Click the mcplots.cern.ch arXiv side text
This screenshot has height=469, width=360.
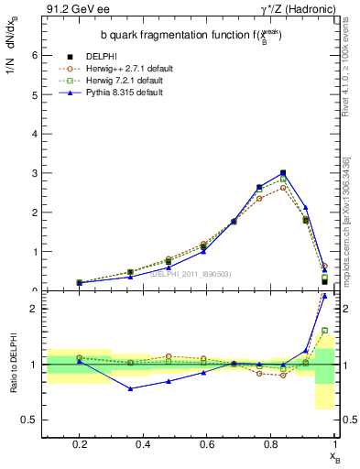click(x=352, y=211)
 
